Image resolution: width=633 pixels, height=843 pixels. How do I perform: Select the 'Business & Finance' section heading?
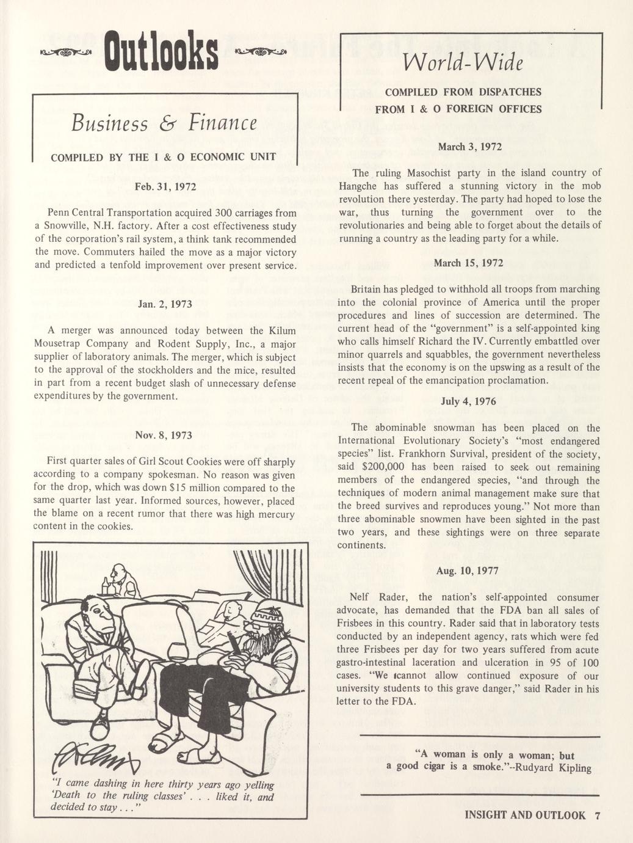(x=164, y=124)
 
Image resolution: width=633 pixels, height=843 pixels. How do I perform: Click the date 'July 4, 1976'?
(x=469, y=401)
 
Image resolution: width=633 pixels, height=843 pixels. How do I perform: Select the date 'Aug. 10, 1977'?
(x=468, y=571)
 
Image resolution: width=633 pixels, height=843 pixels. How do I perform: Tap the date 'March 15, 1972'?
(x=468, y=263)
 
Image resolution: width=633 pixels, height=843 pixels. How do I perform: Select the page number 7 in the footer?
(x=597, y=815)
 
